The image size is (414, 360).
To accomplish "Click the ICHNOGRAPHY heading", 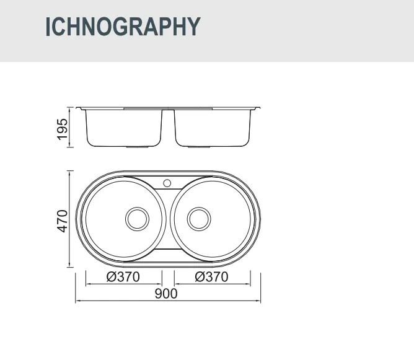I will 123,27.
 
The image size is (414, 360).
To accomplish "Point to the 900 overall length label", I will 166,294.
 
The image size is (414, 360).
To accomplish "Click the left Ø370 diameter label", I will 123,277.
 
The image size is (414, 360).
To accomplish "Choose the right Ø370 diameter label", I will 211,277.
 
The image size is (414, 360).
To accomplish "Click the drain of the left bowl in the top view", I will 137,219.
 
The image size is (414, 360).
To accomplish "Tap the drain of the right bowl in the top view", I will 199,219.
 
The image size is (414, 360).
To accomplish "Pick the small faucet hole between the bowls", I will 167,183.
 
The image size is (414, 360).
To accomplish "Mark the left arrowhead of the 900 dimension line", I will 77,302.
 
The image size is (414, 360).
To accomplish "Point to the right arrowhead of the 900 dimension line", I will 258,302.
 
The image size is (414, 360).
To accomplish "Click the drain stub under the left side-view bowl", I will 136,148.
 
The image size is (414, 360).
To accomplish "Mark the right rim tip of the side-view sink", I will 260,109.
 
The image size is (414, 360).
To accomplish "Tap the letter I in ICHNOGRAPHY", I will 48,27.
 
